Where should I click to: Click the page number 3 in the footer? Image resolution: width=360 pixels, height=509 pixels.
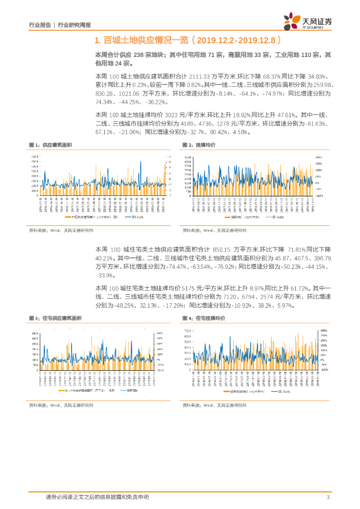[x=328, y=497]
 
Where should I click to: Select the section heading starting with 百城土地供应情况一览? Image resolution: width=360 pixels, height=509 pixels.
[x=190, y=40]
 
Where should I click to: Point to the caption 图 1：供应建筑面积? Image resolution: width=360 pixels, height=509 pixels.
[x=50, y=145]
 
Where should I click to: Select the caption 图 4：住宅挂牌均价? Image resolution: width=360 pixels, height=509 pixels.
[x=204, y=318]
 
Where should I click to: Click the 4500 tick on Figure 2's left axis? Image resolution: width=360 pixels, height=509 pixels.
[x=187, y=157]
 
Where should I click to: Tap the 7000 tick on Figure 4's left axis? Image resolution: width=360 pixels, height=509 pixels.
[x=187, y=331]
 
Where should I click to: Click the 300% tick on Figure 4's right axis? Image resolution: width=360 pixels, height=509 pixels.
[x=323, y=331]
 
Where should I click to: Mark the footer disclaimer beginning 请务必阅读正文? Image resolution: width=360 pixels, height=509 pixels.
[x=97, y=497]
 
